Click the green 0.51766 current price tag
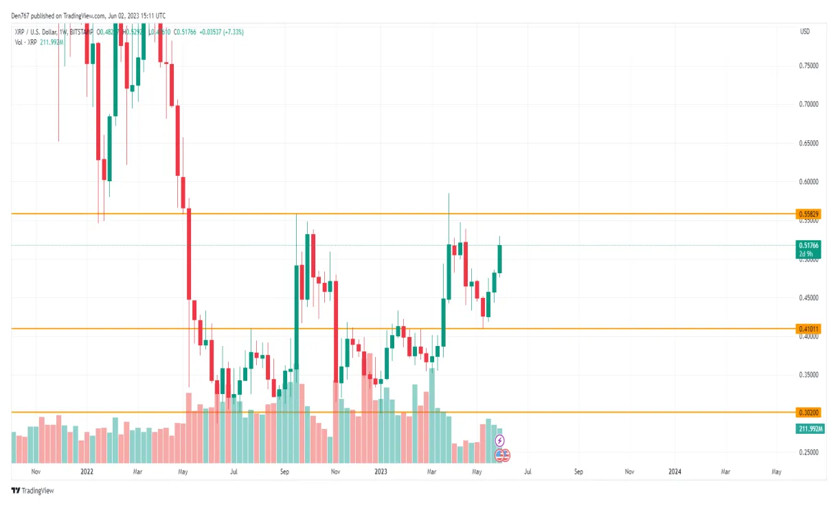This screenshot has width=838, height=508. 808,245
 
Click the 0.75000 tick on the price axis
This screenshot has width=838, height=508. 808,66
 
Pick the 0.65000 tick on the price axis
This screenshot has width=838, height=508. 808,143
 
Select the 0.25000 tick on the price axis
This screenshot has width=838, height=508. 808,452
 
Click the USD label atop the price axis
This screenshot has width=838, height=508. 805,32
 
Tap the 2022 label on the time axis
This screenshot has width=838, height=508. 87,472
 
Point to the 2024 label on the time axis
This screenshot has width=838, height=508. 675,472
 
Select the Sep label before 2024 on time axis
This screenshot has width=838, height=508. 578,472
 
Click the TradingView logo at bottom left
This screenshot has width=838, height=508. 32,491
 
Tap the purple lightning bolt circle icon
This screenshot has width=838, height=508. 500,440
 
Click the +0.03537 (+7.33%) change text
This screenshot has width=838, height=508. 222,32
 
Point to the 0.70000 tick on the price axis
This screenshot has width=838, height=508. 808,105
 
